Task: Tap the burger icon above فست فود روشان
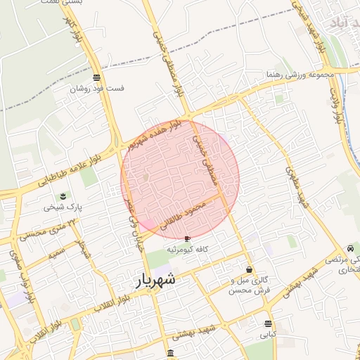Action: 96,77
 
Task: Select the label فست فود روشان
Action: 97,89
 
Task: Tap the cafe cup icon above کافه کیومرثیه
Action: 186,239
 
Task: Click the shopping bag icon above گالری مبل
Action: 250,270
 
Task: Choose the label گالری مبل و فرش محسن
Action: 250,285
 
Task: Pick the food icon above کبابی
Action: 268,323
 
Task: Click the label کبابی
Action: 268,335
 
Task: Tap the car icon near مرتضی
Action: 349,248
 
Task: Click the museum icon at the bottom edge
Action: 171,352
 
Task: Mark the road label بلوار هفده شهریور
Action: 155,134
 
